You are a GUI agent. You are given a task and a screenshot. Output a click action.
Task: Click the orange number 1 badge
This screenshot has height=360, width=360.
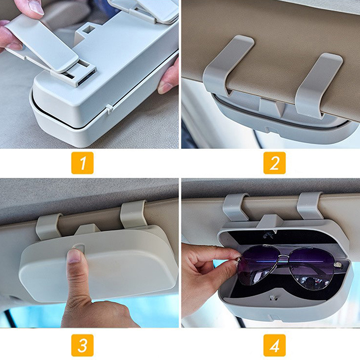pyautogui.click(x=82, y=163)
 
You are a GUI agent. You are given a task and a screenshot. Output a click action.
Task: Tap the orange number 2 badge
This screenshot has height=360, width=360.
pyautogui.click(x=274, y=163)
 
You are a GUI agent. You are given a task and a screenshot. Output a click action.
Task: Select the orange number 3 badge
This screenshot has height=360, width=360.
pyautogui.click(x=82, y=345)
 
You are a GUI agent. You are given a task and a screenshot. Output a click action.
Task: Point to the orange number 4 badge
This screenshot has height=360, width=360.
pyautogui.click(x=274, y=345)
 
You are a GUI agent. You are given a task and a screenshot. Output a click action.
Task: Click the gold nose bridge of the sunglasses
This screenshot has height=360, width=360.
pyautogui.click(x=284, y=257)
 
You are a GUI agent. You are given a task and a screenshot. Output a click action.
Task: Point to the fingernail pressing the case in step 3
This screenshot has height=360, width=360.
pyautogui.click(x=74, y=256)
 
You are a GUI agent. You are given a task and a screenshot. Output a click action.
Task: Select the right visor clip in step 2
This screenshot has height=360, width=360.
pyautogui.click(x=318, y=85)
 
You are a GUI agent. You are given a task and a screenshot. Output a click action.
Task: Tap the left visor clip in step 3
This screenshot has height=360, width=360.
pyautogui.click(x=49, y=227)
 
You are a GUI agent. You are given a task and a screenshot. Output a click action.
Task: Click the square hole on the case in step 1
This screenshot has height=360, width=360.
pyautogui.click(x=88, y=29)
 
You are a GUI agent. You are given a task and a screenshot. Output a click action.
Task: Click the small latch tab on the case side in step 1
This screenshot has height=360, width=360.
pyautogui.click(x=109, y=109)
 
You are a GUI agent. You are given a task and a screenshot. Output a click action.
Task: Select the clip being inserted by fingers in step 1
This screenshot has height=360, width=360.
pyautogui.click(x=42, y=44)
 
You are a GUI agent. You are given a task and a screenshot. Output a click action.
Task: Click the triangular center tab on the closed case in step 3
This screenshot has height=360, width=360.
pyautogui.click(x=87, y=229)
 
